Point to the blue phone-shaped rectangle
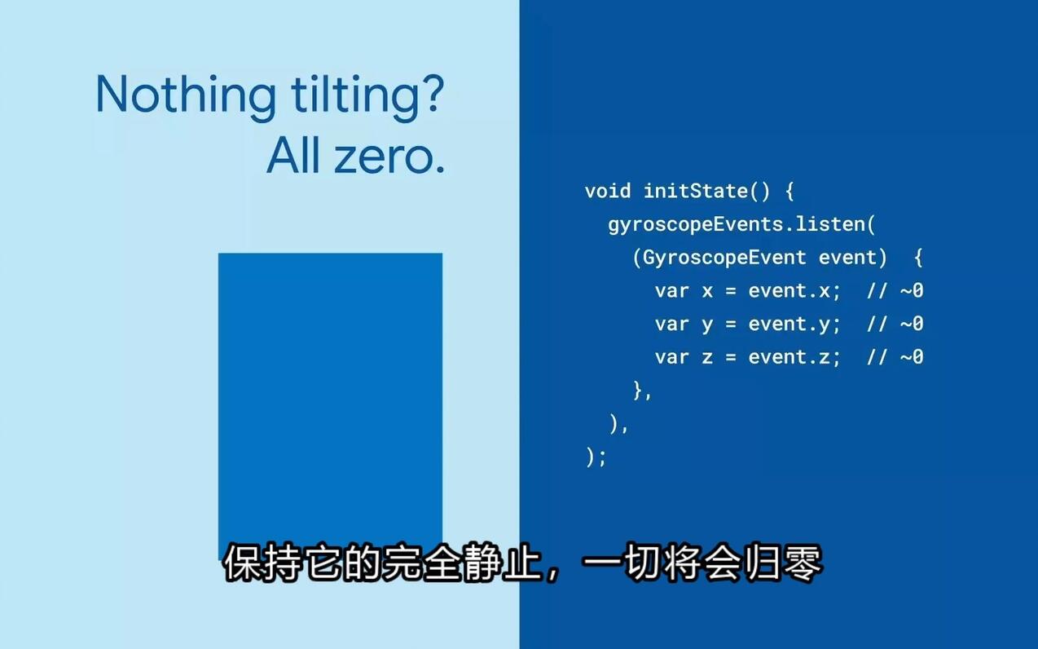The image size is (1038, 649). tap(330, 391)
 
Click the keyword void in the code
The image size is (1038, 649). tap(608, 191)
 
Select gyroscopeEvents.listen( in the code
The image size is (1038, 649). tap(741, 224)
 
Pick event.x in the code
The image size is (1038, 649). tap(794, 291)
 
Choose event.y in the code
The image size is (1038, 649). tap(794, 324)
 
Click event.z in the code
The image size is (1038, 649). tap(794, 357)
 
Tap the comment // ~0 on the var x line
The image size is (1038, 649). tap(895, 291)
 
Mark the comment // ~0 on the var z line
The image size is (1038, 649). tap(895, 357)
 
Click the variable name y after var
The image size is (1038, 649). tap(707, 324)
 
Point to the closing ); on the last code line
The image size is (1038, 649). tap(596, 457)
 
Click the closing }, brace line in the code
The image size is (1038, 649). tap(643, 391)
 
